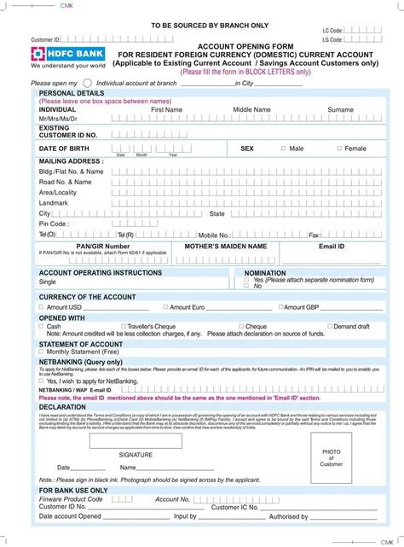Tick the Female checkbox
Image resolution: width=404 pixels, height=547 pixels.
338,148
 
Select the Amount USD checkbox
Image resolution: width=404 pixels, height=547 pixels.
41,307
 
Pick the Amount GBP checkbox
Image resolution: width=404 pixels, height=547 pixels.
280,307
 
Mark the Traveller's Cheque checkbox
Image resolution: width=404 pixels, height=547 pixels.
123,326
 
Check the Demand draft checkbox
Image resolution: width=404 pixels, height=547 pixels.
328,326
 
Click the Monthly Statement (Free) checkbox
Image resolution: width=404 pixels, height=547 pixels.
41,352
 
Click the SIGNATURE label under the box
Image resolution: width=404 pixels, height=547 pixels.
136,455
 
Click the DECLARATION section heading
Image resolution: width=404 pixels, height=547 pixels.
62,407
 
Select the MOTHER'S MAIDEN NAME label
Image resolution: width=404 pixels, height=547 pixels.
226,246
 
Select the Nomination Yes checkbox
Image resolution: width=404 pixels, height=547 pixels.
247,279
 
